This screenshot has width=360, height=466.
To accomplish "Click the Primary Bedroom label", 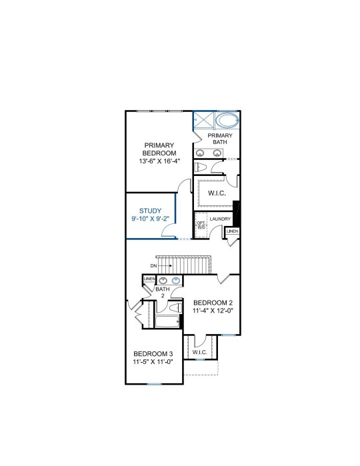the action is point(159,149).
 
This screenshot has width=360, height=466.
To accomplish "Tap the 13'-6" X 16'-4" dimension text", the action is point(159,161).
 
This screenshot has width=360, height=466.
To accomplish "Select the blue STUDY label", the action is point(151,211).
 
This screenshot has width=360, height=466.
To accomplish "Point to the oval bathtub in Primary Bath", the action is point(227,121).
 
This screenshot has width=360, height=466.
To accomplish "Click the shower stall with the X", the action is point(204,120).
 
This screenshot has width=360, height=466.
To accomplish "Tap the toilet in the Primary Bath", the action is point(201,167).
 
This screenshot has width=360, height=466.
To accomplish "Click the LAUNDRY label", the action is point(220,219).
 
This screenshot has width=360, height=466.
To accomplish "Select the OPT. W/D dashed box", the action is point(201,225).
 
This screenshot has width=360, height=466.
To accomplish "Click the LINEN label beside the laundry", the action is point(233,231).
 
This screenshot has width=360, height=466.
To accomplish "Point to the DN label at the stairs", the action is point(153,266).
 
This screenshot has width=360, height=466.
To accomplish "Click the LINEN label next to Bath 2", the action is point(149,279).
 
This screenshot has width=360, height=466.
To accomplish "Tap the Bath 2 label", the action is point(163,292).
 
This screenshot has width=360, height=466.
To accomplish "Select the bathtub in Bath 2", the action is point(167,321).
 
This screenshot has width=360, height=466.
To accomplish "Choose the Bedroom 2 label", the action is point(213,303).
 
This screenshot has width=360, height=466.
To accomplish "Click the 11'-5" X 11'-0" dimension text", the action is point(153,362).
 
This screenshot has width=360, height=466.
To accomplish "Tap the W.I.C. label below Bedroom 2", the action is point(200,353).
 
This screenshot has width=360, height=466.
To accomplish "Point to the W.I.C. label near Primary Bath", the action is point(217,193).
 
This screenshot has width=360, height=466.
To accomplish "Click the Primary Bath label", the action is point(220,139).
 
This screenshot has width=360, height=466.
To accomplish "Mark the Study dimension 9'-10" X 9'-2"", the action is point(151,219).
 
